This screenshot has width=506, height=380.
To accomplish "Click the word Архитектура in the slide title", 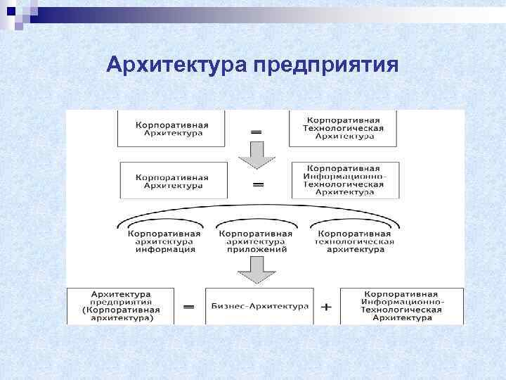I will pyautogui.click(x=177, y=65).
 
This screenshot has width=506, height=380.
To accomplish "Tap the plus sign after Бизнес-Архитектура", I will pyautogui.click(x=326, y=307).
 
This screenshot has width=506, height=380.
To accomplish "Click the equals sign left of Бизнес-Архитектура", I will pyautogui.click(x=188, y=307).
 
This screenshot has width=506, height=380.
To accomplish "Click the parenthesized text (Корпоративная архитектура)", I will pyautogui.click(x=120, y=314).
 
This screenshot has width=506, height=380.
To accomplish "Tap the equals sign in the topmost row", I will pyautogui.click(x=257, y=131).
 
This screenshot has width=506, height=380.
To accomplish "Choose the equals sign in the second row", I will pyautogui.click(x=258, y=184).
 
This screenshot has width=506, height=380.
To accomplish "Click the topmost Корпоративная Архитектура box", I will pyautogui.click(x=172, y=128).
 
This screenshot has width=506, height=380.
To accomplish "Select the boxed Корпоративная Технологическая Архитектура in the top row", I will pyautogui.click(x=342, y=128).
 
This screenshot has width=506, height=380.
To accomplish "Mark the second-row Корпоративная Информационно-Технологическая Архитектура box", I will pyautogui.click(x=344, y=180).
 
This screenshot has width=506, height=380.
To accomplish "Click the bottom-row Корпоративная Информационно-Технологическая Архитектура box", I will pyautogui.click(x=402, y=306).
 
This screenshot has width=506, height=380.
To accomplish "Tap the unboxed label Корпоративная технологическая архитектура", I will pyautogui.click(x=354, y=241).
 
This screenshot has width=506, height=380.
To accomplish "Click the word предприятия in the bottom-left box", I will pyautogui.click(x=121, y=301).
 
